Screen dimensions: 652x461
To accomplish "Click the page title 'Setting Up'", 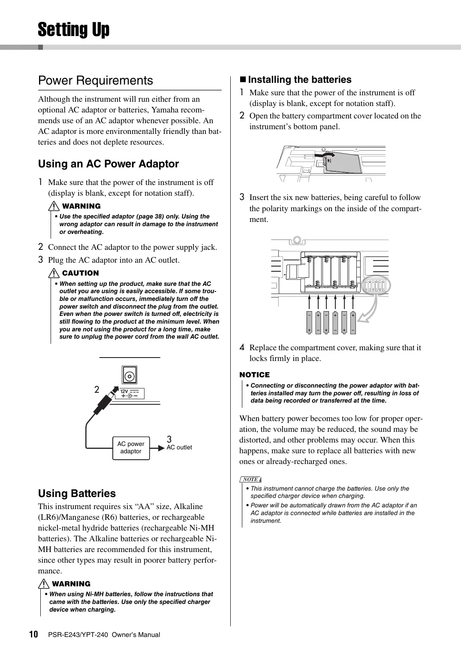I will click(x=74, y=30).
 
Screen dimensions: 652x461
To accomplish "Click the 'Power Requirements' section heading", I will click(x=95, y=81).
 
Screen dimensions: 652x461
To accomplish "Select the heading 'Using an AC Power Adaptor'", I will click(x=108, y=164).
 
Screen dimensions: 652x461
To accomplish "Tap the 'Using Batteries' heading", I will click(x=77, y=494).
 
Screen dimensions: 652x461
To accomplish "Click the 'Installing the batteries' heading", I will click(x=299, y=80).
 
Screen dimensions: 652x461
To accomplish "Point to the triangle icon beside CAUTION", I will click(x=54, y=273).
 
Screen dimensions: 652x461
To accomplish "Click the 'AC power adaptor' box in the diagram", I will click(x=131, y=448).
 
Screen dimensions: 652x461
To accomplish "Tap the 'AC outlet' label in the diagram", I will click(x=179, y=447).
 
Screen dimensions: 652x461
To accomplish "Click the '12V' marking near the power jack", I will click(x=124, y=391).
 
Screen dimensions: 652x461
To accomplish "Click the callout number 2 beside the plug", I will click(x=97, y=390).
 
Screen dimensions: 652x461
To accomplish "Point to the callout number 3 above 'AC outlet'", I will click(x=169, y=439).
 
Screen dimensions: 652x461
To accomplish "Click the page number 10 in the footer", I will click(x=33, y=634).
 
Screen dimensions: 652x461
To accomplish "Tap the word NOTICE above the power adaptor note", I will click(x=255, y=375).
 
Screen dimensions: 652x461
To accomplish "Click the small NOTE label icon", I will click(x=250, y=479).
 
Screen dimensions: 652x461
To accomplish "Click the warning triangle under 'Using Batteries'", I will click(x=44, y=584).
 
